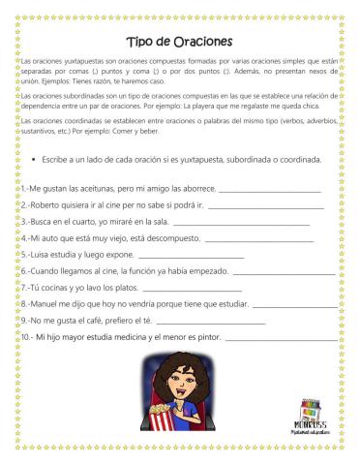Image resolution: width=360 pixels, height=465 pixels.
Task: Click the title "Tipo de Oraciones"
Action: point(179,42)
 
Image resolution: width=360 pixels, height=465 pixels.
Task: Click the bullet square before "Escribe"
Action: point(34,158)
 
